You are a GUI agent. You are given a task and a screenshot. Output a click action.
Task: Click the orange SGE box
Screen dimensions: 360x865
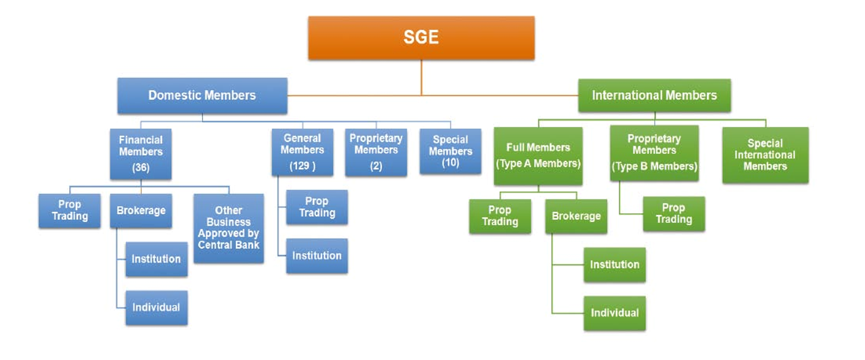421,37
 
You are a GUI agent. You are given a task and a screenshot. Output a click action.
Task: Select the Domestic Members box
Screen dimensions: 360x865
202,95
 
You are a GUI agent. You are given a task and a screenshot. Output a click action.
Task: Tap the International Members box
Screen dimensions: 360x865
654,95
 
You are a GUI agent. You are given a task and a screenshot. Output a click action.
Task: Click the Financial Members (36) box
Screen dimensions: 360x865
141,153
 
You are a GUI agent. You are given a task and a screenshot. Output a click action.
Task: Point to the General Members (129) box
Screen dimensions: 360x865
302,152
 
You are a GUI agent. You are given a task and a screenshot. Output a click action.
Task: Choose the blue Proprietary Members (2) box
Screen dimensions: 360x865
376,152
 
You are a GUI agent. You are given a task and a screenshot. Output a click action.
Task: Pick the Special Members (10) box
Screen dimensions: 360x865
450,151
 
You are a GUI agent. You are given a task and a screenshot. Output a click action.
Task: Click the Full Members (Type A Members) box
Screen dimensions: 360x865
538,156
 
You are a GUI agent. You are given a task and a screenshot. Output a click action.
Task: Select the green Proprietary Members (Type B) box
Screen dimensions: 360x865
654,153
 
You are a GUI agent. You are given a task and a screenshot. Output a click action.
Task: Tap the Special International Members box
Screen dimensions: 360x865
765,154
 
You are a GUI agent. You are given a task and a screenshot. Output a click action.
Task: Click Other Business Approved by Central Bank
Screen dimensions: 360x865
229,228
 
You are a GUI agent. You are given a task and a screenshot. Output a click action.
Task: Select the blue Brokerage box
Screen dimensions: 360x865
141,210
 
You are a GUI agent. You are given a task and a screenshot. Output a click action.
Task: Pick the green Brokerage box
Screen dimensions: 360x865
576,216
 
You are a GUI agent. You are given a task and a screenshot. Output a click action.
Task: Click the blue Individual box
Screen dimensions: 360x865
156,307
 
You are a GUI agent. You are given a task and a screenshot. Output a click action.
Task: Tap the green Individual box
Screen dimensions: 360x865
615,312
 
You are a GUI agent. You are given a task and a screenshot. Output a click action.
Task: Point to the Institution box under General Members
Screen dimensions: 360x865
317,255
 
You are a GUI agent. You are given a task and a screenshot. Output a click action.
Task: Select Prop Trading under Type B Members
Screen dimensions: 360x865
674,213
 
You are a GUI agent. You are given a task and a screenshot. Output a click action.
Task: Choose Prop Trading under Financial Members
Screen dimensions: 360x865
70,210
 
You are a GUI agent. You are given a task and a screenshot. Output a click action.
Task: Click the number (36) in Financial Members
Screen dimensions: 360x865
141,168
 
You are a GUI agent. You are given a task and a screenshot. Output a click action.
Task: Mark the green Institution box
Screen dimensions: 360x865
615,264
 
